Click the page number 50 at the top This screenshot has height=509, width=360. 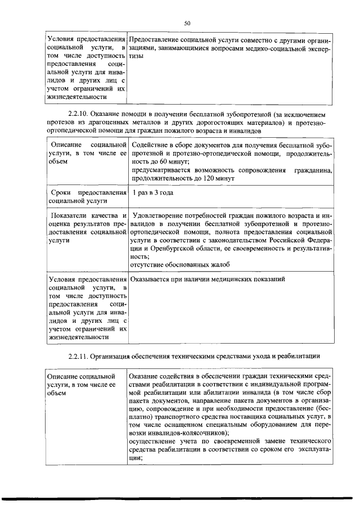[x=188, y=23]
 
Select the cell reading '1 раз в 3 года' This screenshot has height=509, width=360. [x=152, y=193]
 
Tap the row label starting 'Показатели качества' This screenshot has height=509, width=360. [x=85, y=227]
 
